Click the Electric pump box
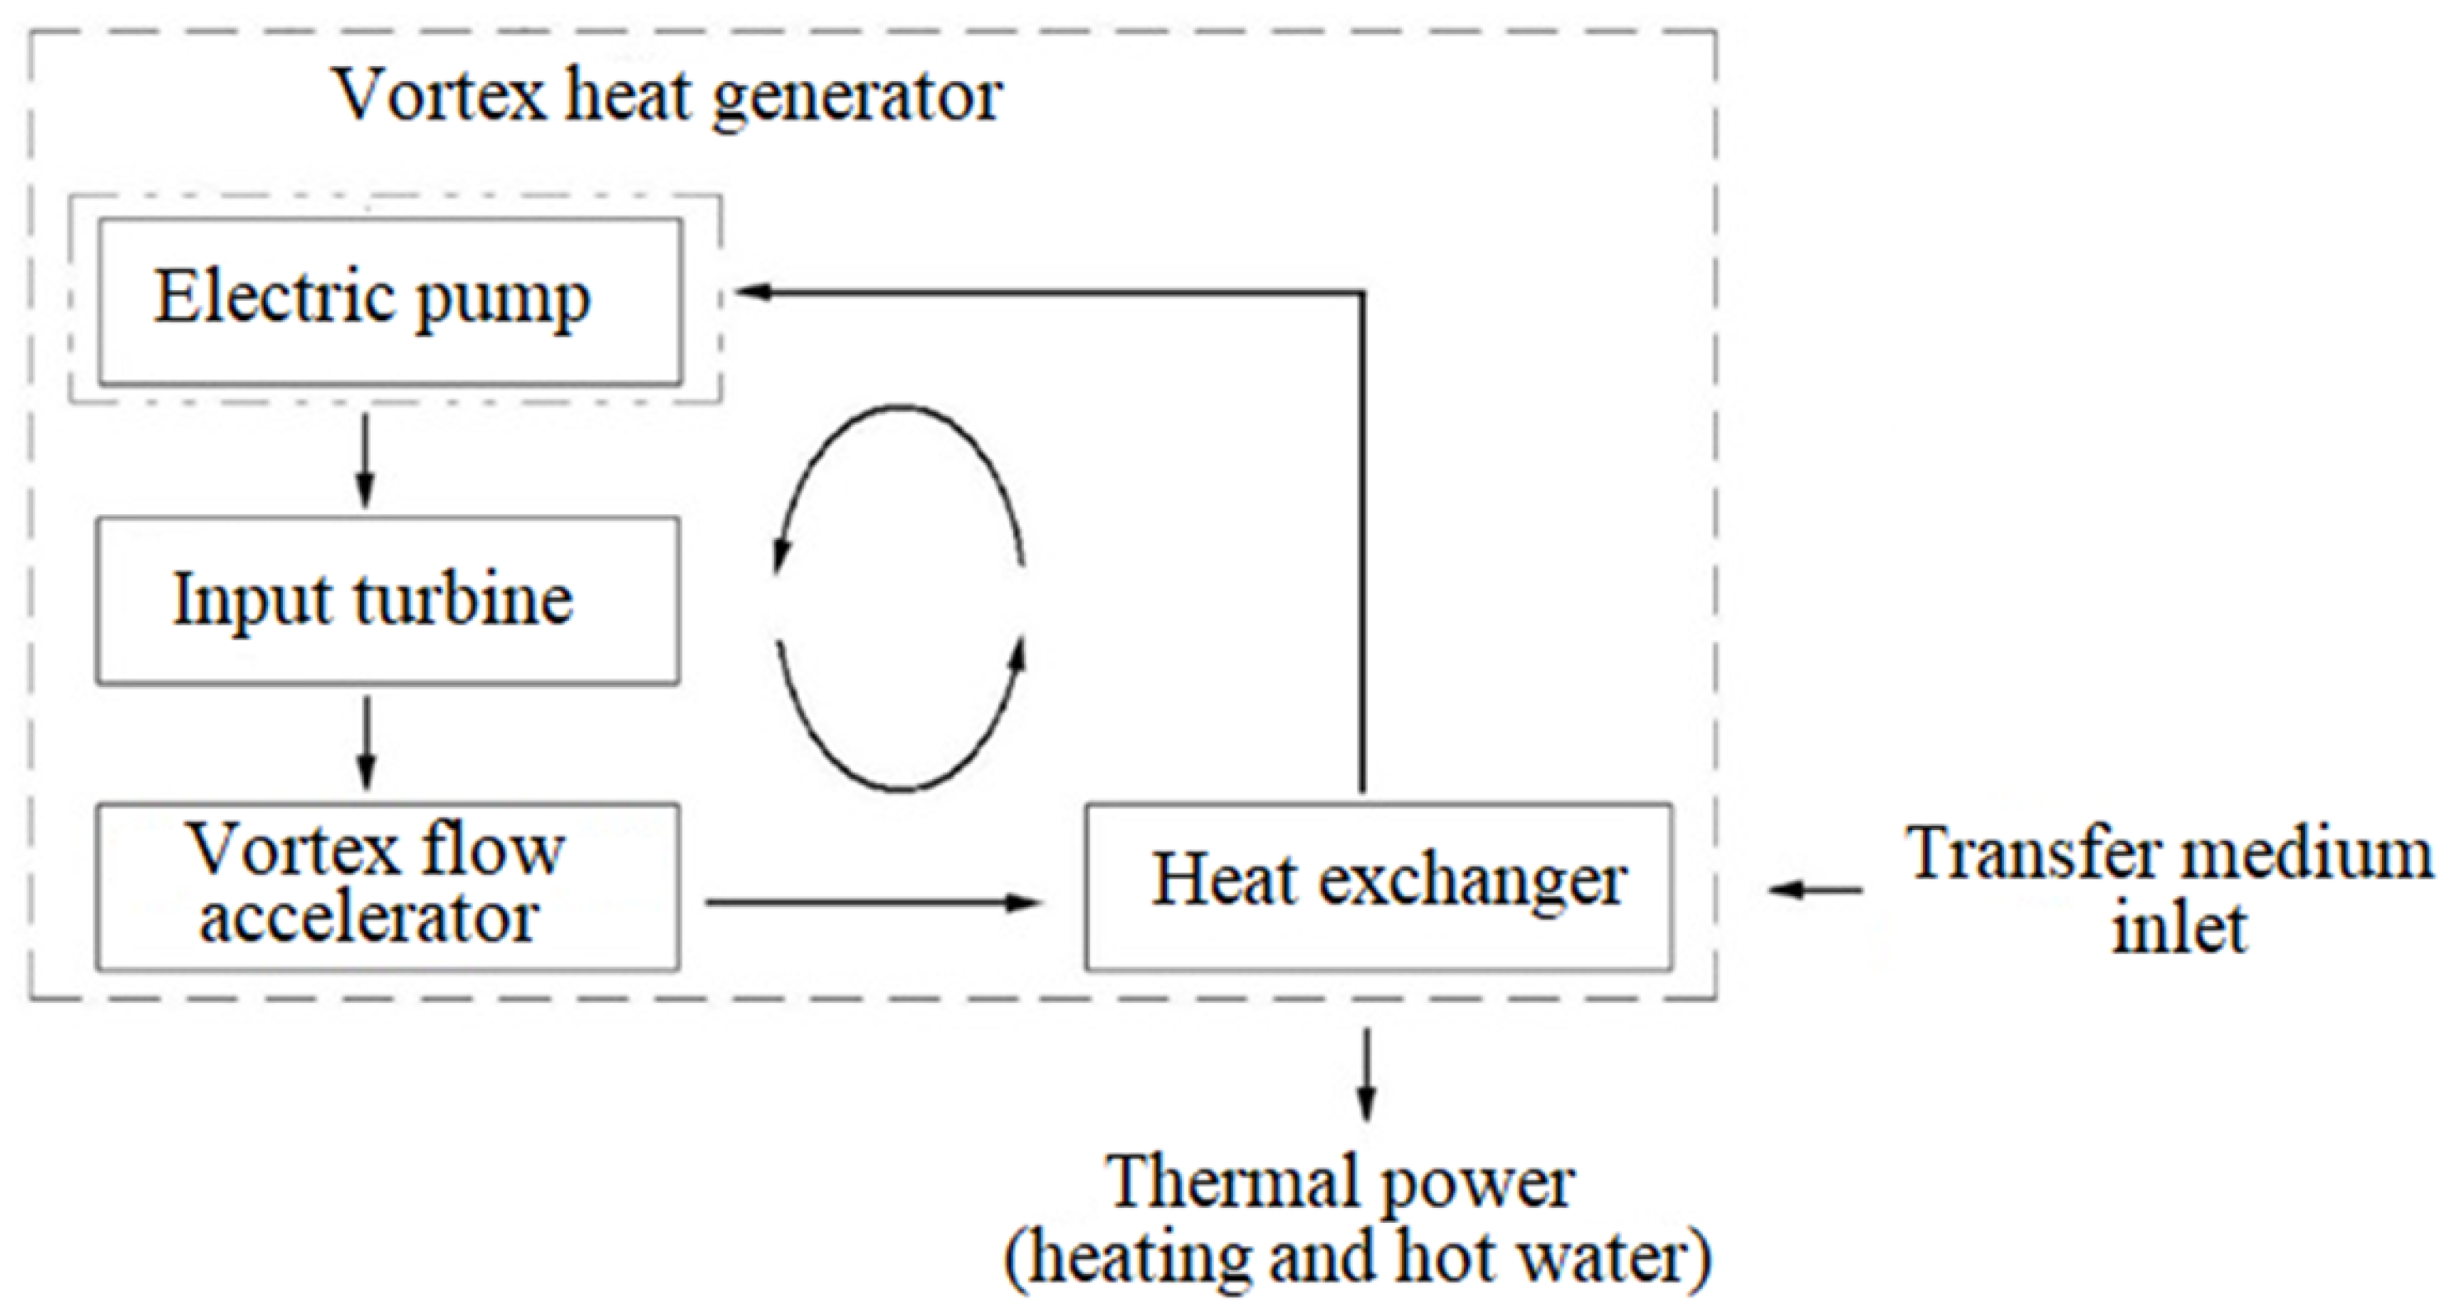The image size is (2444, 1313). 390,301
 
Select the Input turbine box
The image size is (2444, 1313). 387,599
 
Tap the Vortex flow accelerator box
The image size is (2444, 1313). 387,886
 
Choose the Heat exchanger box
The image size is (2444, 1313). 1378,886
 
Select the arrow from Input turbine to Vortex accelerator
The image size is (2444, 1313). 367,742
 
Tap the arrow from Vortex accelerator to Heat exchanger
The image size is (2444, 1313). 873,901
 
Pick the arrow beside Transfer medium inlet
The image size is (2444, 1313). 1814,890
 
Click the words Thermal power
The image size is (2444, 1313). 1342,1183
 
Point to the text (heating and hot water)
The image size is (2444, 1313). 1359,1257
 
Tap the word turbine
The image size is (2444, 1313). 463,599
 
